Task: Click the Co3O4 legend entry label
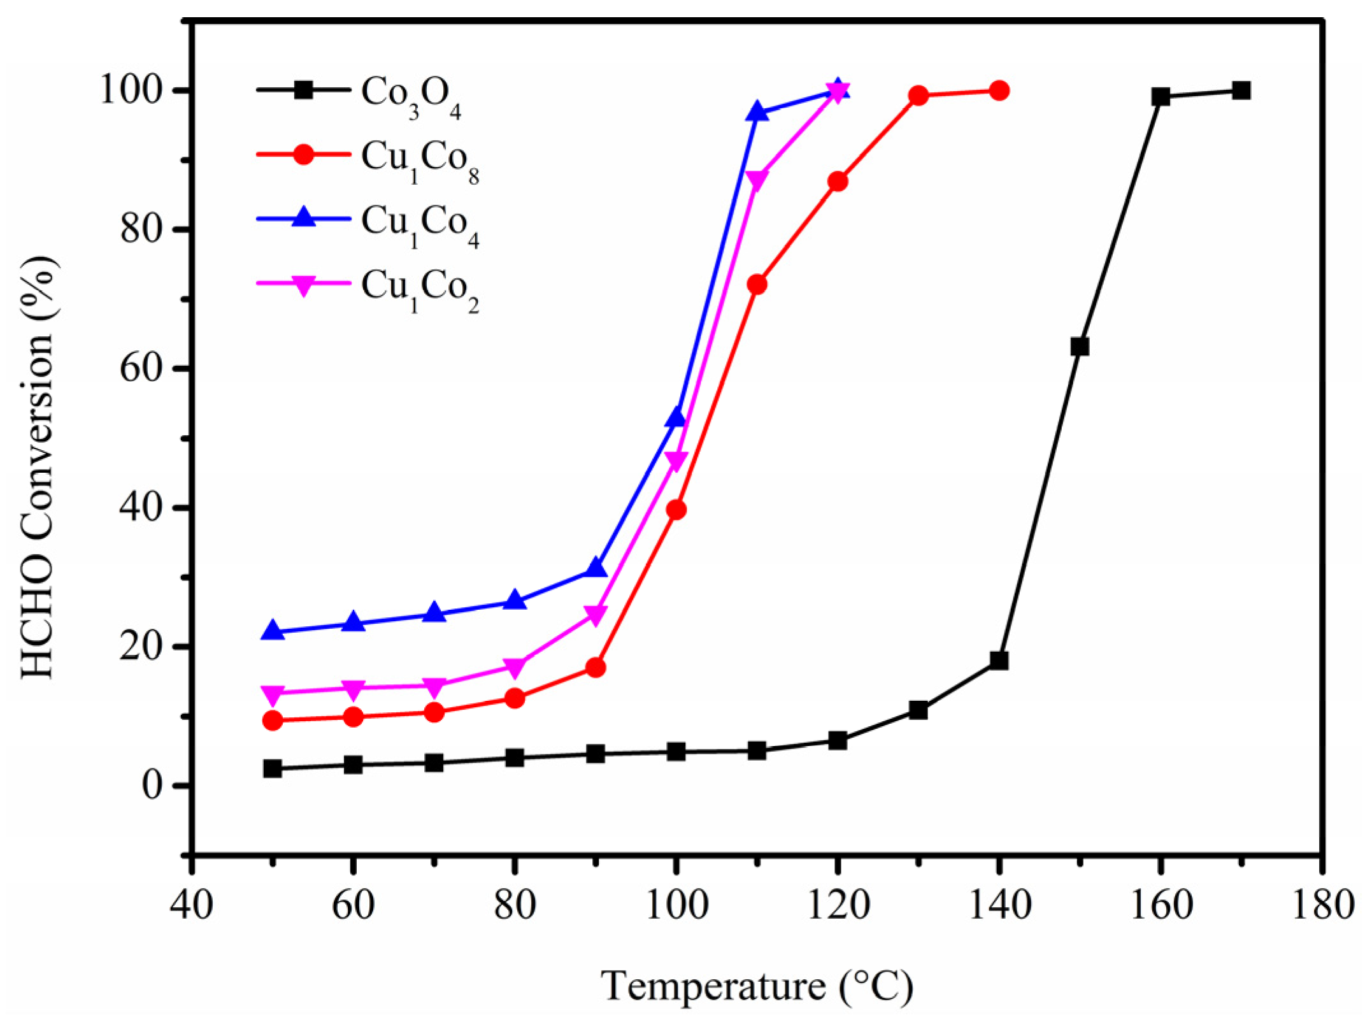click(411, 96)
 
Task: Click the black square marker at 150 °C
click(1080, 347)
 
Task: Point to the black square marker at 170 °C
click(1241, 90)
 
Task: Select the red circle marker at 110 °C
click(757, 284)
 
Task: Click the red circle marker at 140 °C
click(999, 90)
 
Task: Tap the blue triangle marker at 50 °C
click(273, 631)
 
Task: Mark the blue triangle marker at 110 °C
click(757, 112)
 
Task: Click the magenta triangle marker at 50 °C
click(273, 694)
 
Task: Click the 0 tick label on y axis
click(153, 786)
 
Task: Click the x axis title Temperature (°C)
click(757, 986)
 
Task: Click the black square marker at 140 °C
click(999, 660)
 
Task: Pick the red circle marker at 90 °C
click(595, 668)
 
